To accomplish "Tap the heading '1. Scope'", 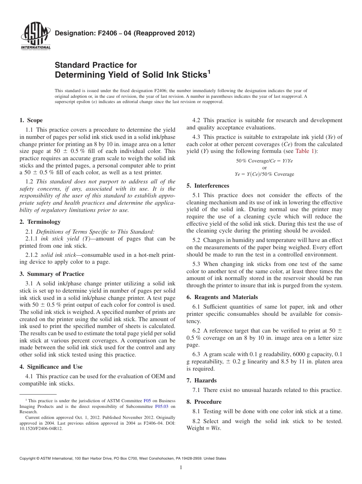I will click(31, 121).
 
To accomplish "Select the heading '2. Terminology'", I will click(40, 222).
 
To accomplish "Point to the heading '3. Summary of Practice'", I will click(52, 274).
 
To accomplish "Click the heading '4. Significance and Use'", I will click(51, 367).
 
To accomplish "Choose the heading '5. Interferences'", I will click(208, 186).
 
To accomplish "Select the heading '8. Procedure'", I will click(204, 402).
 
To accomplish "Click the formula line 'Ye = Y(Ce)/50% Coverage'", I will click(264, 174).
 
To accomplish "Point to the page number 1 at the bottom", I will click(181, 467).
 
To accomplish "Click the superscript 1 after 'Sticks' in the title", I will click(209, 72).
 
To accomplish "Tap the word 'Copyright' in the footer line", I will click(28, 459).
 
